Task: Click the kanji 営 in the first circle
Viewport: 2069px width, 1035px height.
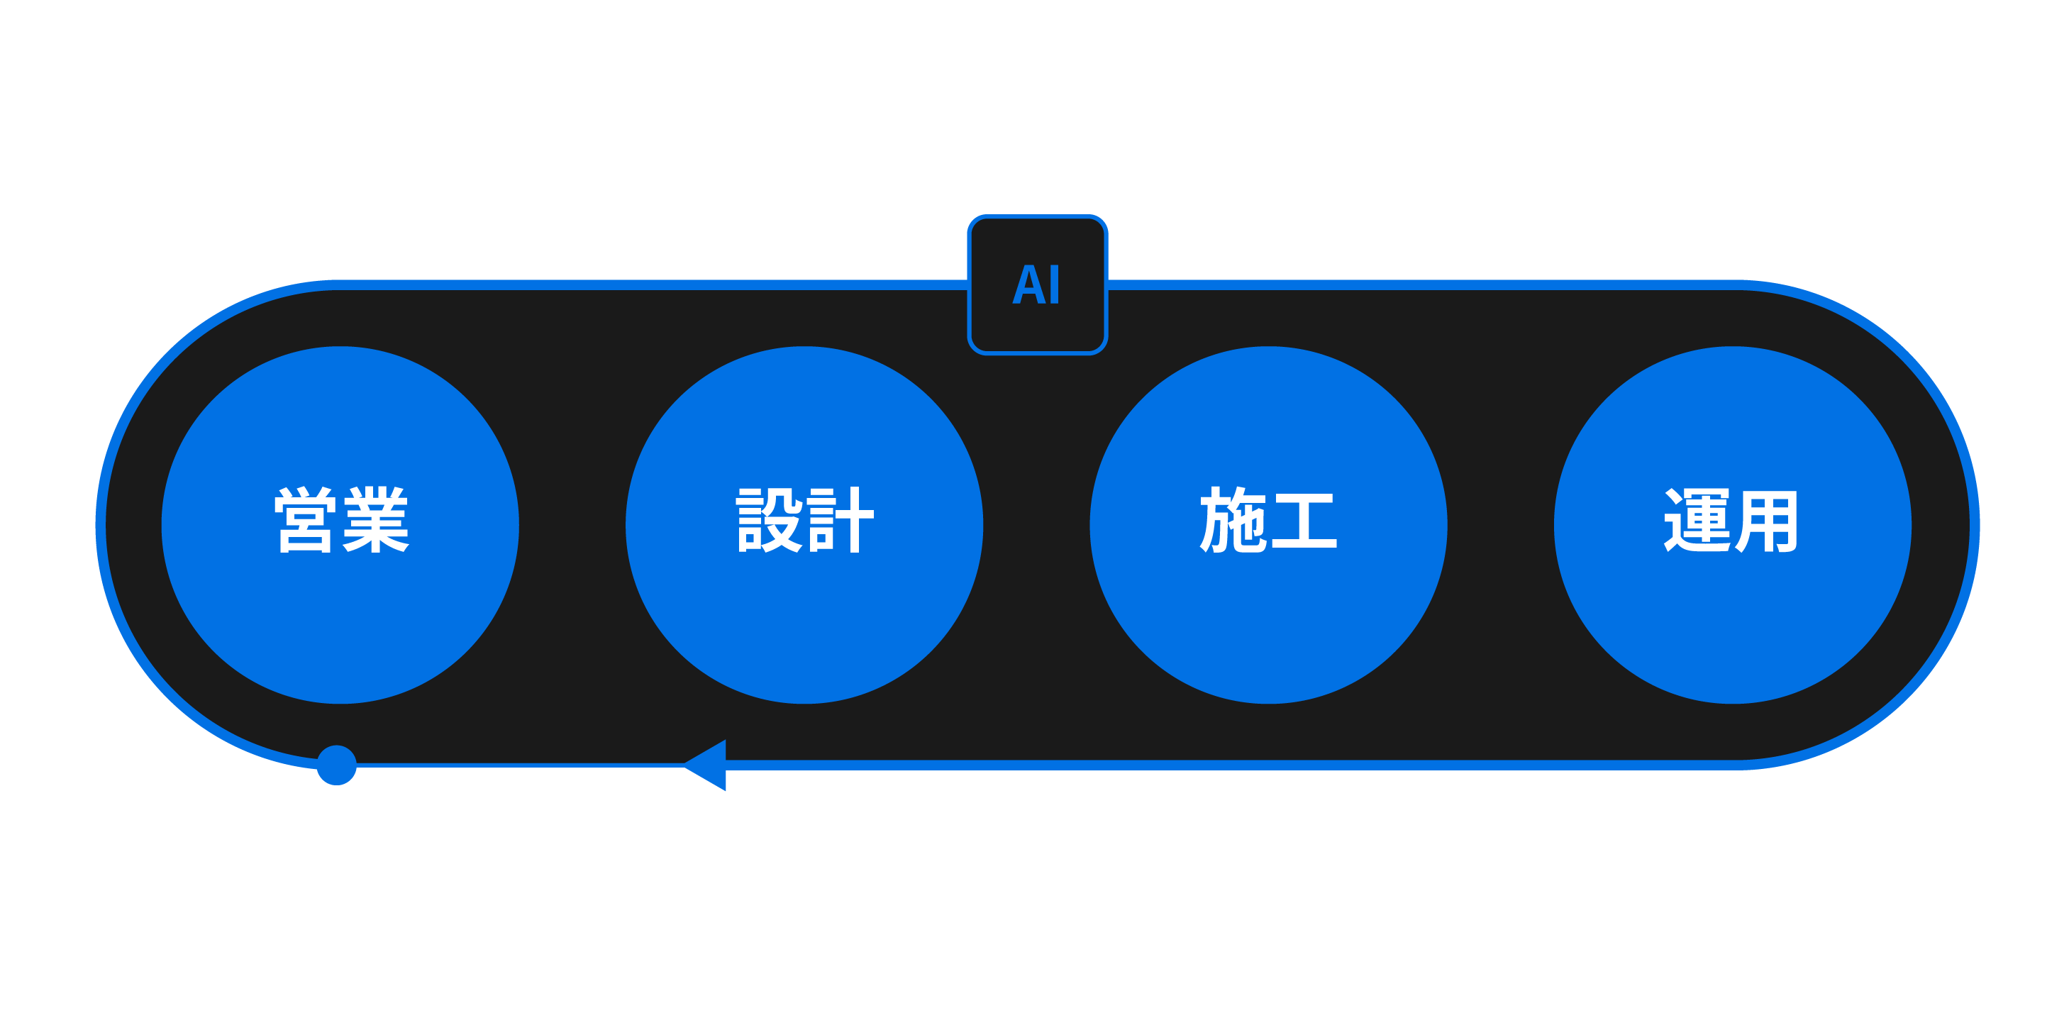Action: click(305, 521)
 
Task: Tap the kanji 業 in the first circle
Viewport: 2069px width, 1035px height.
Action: click(376, 521)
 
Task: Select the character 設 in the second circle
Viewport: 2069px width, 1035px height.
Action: click(770, 521)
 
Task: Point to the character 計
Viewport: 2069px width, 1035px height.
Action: click(840, 521)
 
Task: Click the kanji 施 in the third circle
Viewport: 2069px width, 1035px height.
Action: click(1232, 521)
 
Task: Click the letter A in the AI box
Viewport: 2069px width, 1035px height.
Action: click(1026, 284)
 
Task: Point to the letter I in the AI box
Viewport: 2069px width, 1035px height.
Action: click(1055, 284)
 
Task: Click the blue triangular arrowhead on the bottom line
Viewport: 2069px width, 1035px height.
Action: click(709, 765)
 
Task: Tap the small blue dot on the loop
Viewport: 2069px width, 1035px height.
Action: click(336, 765)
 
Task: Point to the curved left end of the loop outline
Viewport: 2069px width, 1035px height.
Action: click(101, 525)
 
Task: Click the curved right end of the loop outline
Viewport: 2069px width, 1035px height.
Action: click(1974, 525)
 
